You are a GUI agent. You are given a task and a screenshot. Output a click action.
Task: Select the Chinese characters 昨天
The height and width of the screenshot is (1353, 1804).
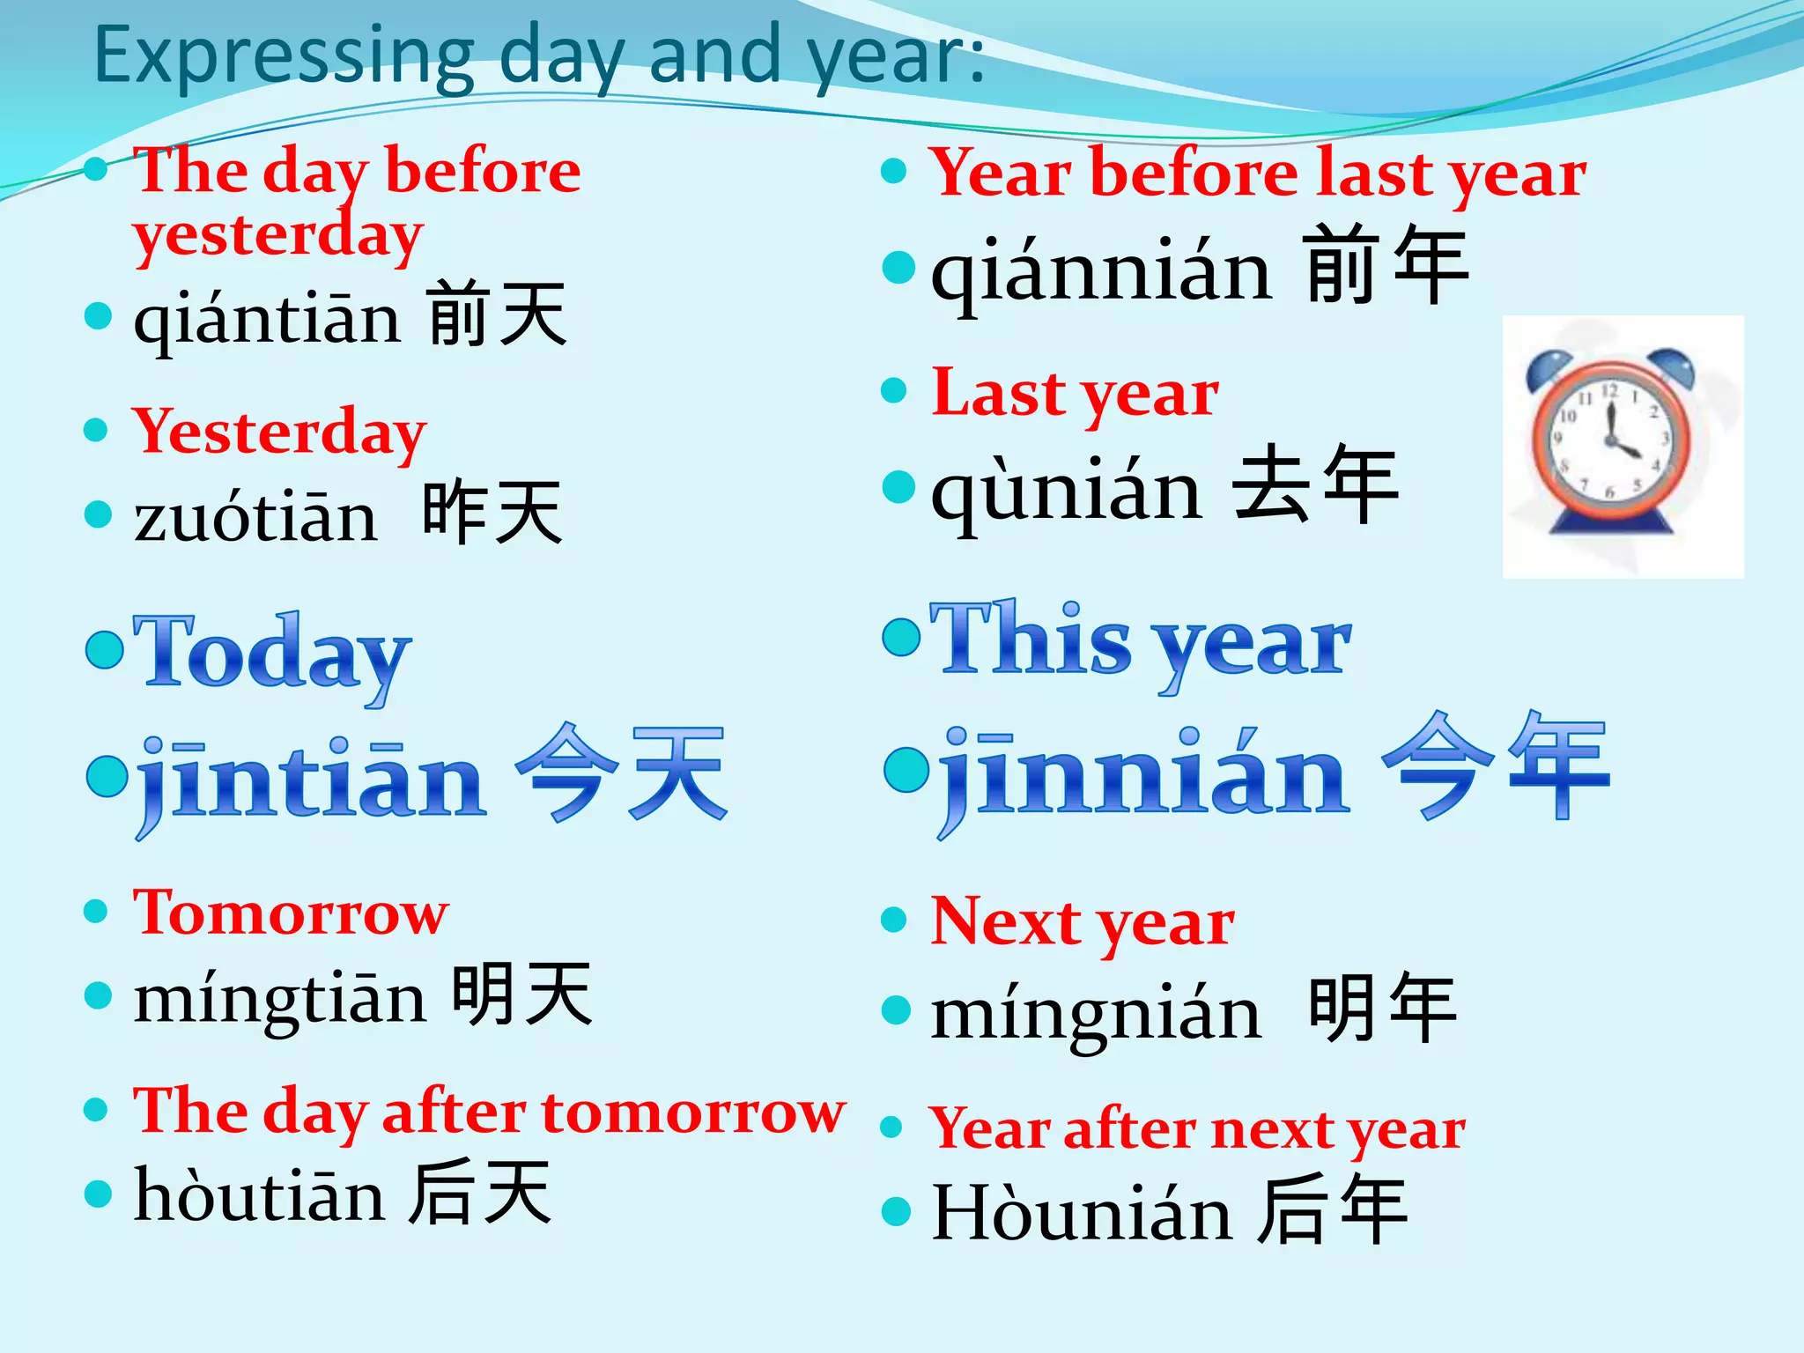[x=492, y=513]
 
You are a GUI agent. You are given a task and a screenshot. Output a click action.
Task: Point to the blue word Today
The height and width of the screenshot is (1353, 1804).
[x=271, y=654]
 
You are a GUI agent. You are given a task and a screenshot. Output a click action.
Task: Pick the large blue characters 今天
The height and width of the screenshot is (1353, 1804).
[x=620, y=773]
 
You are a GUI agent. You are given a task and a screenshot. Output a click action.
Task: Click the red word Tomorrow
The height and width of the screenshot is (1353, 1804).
[x=291, y=913]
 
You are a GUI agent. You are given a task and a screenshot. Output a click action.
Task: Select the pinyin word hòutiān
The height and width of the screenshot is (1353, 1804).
[x=259, y=1196]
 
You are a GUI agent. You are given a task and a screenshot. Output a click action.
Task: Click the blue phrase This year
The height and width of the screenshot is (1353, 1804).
[x=1140, y=641]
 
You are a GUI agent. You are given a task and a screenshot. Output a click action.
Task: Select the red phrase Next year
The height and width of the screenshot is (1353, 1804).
[x=1083, y=922]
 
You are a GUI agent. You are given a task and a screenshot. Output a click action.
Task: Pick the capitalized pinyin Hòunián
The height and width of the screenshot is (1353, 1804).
[x=1081, y=1214]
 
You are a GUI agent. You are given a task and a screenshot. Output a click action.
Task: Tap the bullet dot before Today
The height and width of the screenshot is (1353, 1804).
[x=105, y=649]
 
